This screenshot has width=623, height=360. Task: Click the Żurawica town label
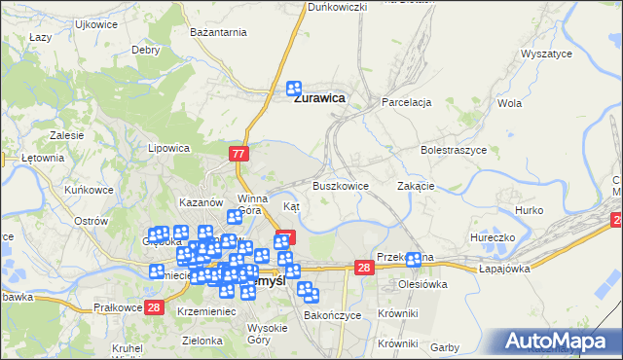click(321, 97)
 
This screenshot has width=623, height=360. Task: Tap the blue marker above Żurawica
click(295, 87)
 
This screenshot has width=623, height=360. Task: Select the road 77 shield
click(240, 154)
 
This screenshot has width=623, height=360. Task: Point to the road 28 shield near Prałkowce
click(154, 307)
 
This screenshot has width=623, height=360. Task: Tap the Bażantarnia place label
click(218, 33)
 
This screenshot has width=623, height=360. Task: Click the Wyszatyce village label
click(546, 54)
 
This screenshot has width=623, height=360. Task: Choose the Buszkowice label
click(340, 185)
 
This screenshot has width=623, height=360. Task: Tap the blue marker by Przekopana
click(415, 259)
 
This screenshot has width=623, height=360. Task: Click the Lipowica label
click(167, 149)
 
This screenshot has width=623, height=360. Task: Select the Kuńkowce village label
click(89, 190)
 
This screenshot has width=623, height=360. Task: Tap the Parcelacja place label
click(407, 102)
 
